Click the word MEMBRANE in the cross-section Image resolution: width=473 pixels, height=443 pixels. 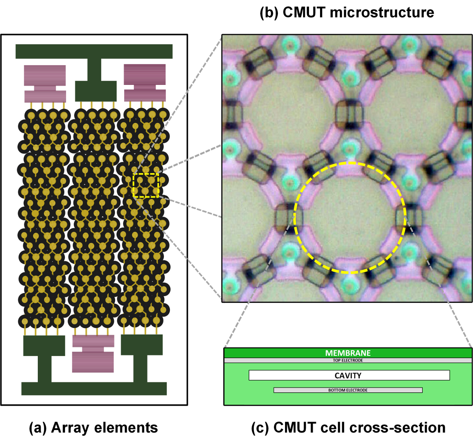(348, 353)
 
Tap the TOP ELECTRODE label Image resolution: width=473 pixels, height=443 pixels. (348, 361)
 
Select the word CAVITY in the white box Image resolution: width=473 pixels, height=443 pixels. (348, 376)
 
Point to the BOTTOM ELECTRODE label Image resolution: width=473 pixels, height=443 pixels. (348, 390)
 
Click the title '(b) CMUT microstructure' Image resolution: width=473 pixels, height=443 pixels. (347, 12)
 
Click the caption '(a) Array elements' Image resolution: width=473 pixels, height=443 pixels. (93, 428)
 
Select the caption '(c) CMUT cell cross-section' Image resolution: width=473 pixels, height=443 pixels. (348, 428)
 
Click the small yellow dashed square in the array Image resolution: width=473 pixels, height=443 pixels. (146, 185)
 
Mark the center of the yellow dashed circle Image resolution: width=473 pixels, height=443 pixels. (350, 217)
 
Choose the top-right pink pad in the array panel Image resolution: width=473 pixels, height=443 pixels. (145, 83)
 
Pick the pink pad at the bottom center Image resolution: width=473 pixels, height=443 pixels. (93, 353)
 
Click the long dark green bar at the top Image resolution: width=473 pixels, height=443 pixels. (94, 51)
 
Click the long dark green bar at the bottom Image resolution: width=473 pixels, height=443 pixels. (94, 389)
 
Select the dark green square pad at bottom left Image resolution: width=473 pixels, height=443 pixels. (44, 345)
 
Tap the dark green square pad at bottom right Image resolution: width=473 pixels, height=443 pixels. (142, 345)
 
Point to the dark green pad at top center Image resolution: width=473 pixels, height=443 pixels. (95, 91)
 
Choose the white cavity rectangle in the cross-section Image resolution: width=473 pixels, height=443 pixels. (276, 375)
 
